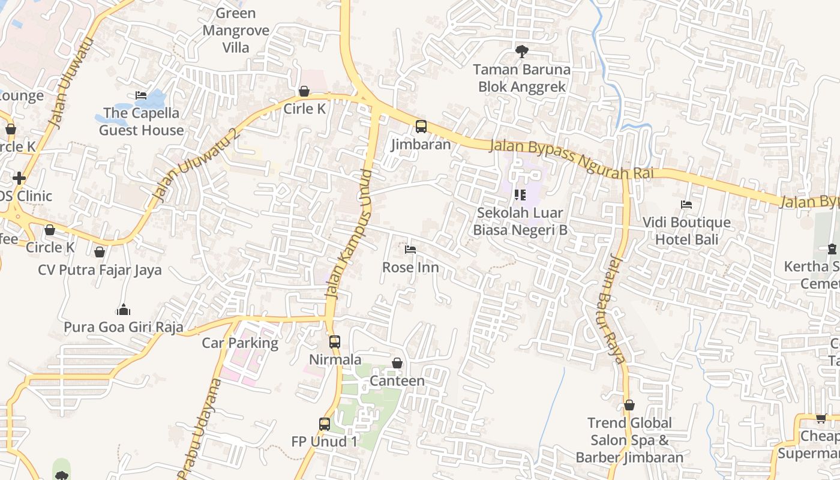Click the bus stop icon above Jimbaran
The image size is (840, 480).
point(421,127)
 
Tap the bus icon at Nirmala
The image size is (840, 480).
point(335,342)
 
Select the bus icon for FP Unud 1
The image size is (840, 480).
point(325,424)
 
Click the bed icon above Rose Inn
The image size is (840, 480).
point(410,250)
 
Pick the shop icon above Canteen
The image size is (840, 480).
point(397,363)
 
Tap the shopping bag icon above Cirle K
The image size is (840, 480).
point(304,91)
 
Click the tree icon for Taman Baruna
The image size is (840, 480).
point(522,52)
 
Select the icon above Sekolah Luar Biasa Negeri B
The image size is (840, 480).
point(520,194)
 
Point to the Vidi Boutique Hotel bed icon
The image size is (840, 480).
point(686,205)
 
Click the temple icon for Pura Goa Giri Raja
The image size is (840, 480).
point(124,310)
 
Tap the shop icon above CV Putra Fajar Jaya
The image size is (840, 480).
point(100,252)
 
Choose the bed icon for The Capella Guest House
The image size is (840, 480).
point(141,95)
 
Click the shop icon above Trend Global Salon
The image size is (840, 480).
point(629,405)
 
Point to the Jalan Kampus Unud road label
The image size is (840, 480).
point(349,234)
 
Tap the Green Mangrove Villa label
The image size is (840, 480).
point(236,30)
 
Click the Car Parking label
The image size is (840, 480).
point(240,343)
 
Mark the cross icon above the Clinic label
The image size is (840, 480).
point(19,178)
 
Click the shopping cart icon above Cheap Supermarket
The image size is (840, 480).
point(820,418)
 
